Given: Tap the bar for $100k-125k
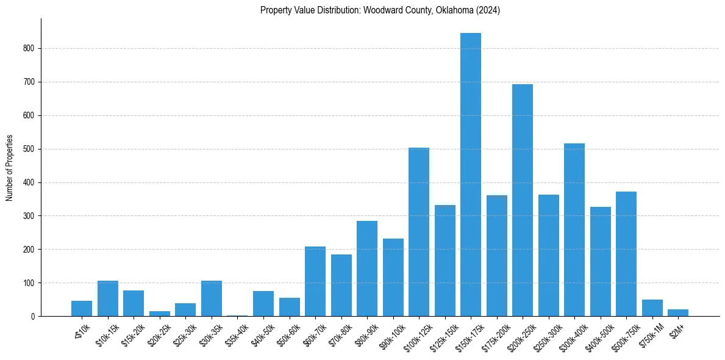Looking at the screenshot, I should pos(419,232).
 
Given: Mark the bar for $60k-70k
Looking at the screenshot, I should pos(315,281).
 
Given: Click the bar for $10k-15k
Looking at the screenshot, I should pos(108,298).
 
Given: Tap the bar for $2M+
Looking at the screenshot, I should pos(678,312).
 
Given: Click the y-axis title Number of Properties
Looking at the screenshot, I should pos(9,168).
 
